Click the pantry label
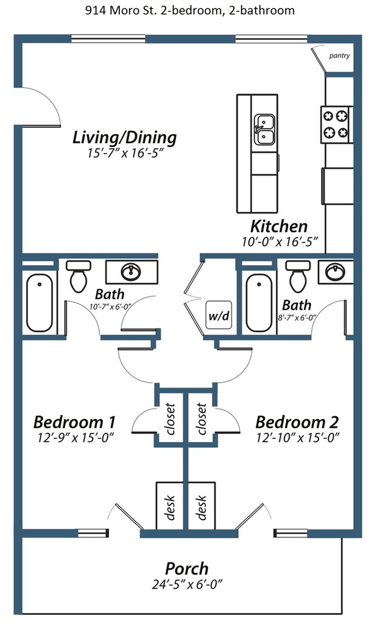point(339,55)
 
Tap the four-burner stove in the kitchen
point(336,124)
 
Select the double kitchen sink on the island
point(264,130)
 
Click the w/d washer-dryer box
point(219,315)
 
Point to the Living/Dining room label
point(124,137)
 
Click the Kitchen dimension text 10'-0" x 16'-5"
point(280,241)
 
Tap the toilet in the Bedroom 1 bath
point(79,276)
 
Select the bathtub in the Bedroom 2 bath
point(259,303)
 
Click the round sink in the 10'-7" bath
point(130,272)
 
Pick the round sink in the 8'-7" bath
point(336,272)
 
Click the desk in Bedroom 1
point(170,506)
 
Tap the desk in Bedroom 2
point(202,506)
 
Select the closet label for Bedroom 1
point(170,419)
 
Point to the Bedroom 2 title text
point(297,422)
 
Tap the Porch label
point(186,569)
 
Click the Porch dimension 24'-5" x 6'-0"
point(187,584)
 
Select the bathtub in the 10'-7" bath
point(40,303)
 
